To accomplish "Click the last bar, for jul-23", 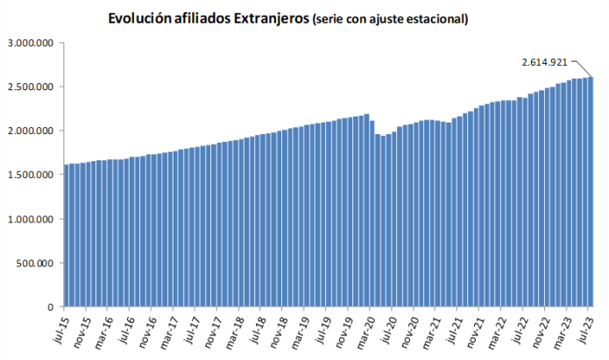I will tap(590, 192).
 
